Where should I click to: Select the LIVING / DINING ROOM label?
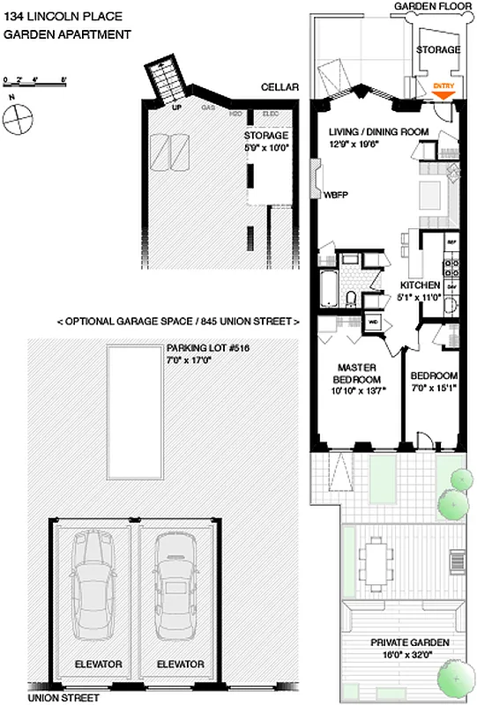(378, 137)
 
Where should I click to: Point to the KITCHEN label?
(420, 292)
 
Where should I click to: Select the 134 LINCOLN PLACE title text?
(51, 16)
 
